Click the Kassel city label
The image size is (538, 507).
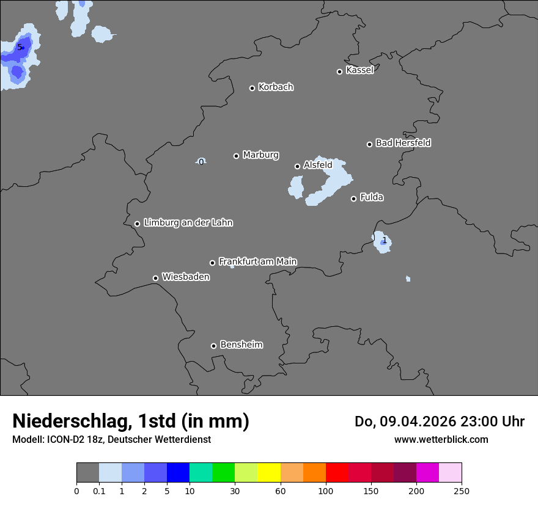[359, 70]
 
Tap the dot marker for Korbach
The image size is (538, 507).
[252, 88]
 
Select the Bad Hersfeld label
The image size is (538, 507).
[403, 143]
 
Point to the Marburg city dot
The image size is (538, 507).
[236, 156]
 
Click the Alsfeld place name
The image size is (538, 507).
[318, 165]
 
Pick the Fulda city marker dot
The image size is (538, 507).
[353, 199]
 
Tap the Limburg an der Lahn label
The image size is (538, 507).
[188, 223]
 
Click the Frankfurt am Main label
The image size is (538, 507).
[257, 261]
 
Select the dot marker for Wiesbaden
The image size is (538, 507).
[155, 278]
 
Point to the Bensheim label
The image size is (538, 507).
[241, 345]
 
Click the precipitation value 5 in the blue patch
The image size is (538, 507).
[20, 47]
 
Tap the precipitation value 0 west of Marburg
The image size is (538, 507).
[201, 162]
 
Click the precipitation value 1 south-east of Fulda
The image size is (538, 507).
[384, 241]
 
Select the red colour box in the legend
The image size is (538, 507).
[337, 473]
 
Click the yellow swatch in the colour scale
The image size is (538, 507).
[269, 473]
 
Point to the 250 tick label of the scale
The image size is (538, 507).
[462, 491]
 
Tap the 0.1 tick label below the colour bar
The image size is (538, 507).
[99, 491]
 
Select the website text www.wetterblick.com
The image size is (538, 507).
[441, 439]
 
